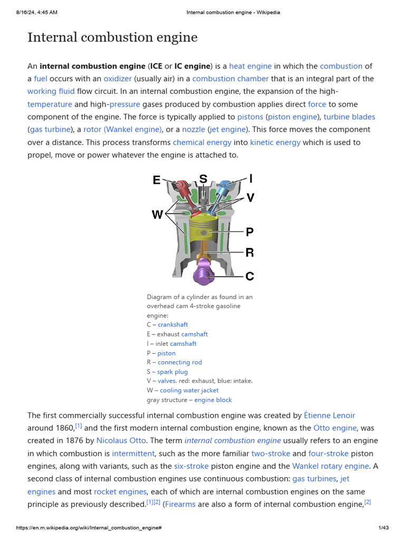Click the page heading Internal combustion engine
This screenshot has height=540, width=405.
tap(112, 37)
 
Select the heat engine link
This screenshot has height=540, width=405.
tap(250, 66)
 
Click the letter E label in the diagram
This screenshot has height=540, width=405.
tap(157, 180)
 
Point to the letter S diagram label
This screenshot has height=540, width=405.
tap(203, 179)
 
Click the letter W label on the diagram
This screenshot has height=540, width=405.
tap(157, 215)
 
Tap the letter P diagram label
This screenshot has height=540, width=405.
tap(249, 232)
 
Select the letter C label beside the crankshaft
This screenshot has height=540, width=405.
tap(249, 275)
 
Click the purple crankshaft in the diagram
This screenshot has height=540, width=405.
tap(204, 273)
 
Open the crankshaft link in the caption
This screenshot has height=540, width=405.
tap(172, 324)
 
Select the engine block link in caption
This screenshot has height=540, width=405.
tap(213, 400)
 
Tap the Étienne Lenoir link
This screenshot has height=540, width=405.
tap(330, 415)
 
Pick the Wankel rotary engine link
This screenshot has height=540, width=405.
tap(330, 466)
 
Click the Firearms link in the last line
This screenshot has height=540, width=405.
tap(180, 504)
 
